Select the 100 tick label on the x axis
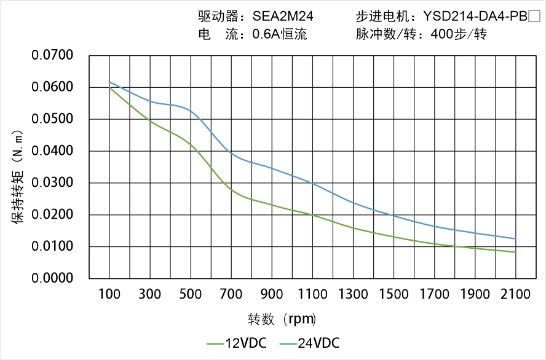(110, 294)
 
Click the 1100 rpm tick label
(312, 294)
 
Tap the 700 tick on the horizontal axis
(231, 294)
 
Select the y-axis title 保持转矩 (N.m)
(18, 178)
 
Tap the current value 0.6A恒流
(280, 34)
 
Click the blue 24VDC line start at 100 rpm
(110, 82)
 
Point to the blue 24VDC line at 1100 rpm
(312, 183)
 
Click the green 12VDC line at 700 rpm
(231, 190)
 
